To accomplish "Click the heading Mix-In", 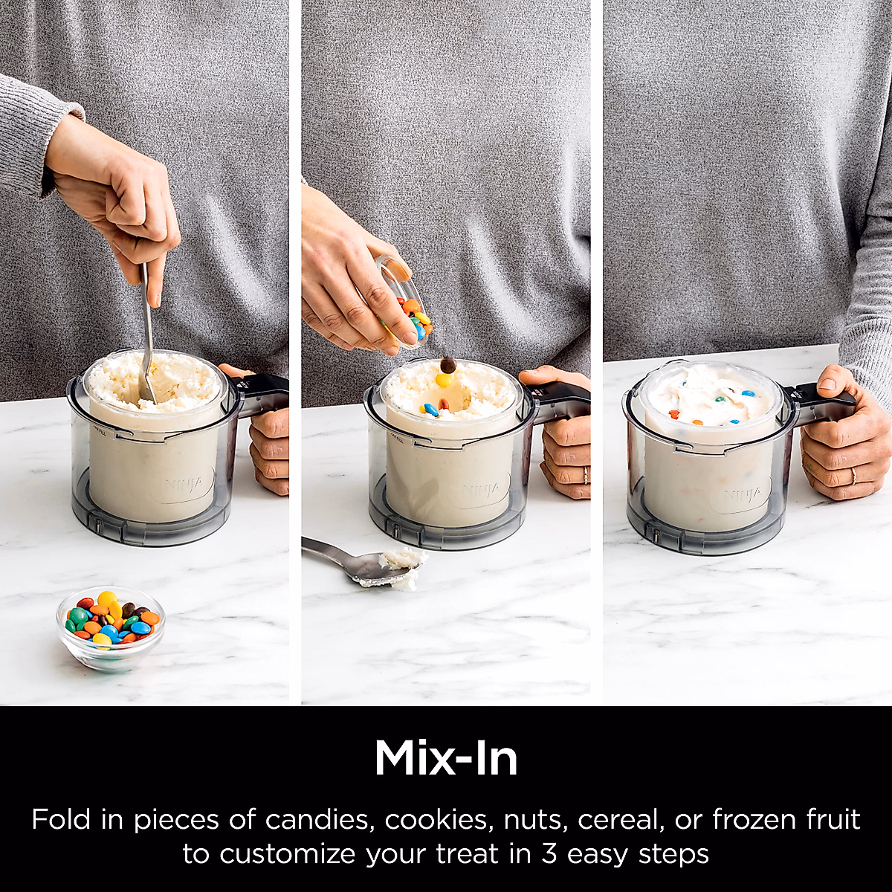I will tap(446, 758).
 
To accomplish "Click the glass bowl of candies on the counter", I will tap(111, 628).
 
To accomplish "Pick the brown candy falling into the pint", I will tap(447, 365).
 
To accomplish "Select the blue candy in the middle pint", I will tap(430, 409).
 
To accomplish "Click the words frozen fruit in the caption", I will tap(786, 820).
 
